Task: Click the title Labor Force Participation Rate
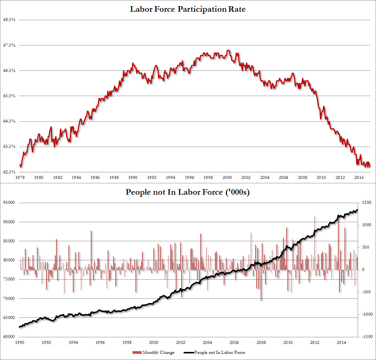tap(187, 9)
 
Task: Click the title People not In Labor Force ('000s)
tap(187, 192)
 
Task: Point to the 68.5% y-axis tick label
tap(9, 20)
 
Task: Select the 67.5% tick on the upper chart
tap(9, 45)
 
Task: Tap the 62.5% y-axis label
tap(9, 172)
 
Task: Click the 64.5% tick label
tap(9, 121)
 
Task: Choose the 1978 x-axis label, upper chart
tap(20, 178)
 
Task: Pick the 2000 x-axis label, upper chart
tap(227, 178)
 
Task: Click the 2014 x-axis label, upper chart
tap(359, 178)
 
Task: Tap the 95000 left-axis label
tap(9, 203)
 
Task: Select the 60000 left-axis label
tap(9, 337)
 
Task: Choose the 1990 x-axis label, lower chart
tap(20, 342)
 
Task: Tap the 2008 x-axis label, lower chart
tap(261, 342)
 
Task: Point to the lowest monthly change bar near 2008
tap(261, 300)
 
